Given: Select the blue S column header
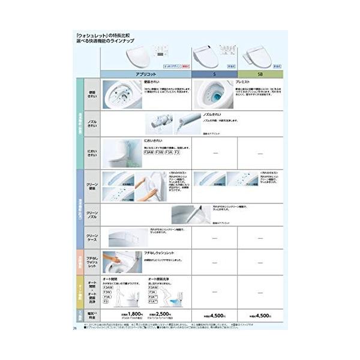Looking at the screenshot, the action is coord(214,74).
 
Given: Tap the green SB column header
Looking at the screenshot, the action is coord(260,74).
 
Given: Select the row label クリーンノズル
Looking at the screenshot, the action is coord(92,214).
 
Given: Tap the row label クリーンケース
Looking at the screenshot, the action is coord(92,238).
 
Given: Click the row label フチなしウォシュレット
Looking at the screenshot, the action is coord(92,262).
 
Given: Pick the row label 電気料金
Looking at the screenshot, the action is coord(92,313).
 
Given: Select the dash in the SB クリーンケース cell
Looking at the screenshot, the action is coord(260,238).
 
